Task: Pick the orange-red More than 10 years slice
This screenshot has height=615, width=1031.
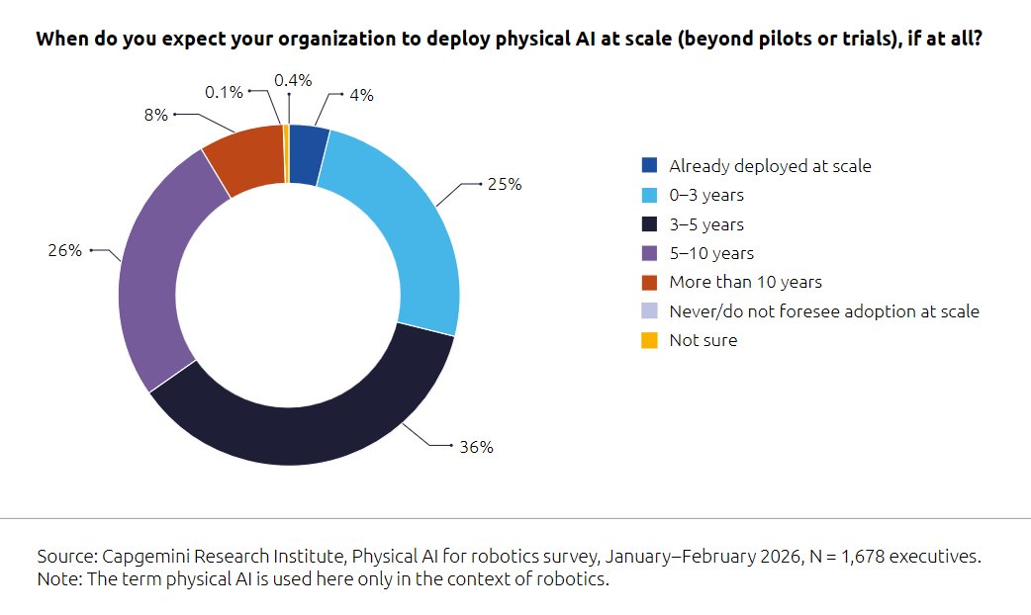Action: point(246,158)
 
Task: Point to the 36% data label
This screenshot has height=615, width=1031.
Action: point(476,447)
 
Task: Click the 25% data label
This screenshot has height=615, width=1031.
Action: point(505,185)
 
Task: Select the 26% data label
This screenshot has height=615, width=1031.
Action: point(65,251)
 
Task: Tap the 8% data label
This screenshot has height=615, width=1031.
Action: point(155,115)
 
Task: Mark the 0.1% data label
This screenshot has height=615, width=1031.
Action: point(224,92)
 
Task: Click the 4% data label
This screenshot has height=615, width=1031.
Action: point(361,95)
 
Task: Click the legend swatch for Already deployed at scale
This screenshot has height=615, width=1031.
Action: point(649,166)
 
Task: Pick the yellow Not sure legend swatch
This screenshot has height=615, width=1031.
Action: point(649,340)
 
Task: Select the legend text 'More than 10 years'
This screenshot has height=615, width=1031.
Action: point(745,282)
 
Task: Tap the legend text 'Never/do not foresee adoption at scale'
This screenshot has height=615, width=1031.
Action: point(824,311)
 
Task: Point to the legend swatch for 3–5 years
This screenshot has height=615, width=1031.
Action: point(649,224)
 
